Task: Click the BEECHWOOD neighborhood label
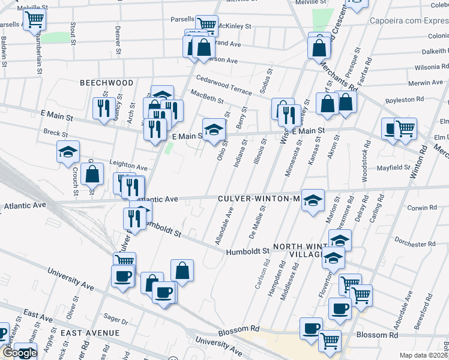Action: (107, 82)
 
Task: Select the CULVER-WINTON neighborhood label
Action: (258, 199)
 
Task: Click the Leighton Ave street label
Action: (128, 167)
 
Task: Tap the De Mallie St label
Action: (262, 223)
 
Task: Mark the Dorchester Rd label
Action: (415, 244)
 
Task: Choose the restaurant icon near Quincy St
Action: (104, 109)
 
